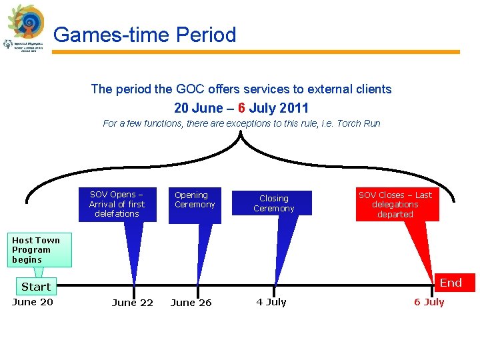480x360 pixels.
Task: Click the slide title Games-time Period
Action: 145,35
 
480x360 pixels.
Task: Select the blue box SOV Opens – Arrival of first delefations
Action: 117,204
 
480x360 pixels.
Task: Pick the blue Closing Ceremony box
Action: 273,203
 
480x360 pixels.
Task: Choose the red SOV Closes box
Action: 395,205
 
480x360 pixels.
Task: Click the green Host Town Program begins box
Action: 36,250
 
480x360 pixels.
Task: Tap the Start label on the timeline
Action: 36,287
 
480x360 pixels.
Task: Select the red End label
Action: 451,283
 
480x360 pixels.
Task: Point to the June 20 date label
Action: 33,302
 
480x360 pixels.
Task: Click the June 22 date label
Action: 133,303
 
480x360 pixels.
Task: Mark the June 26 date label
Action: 191,303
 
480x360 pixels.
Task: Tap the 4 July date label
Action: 271,302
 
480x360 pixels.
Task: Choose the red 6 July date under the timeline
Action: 429,302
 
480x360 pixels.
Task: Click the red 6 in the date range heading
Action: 242,108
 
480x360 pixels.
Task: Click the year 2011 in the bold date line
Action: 294,108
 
